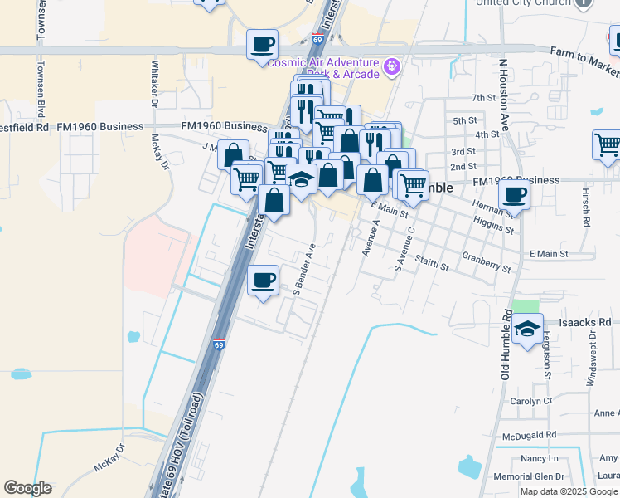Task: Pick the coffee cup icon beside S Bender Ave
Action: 264,280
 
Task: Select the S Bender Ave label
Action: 305,268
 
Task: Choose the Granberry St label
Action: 487,262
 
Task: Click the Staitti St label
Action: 431,263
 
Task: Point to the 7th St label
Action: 483,98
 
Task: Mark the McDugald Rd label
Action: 529,435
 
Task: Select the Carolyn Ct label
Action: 532,400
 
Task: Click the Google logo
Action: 27,488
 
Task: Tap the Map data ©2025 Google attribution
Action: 569,491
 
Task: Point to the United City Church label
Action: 523,2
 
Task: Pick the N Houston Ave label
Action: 501,95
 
